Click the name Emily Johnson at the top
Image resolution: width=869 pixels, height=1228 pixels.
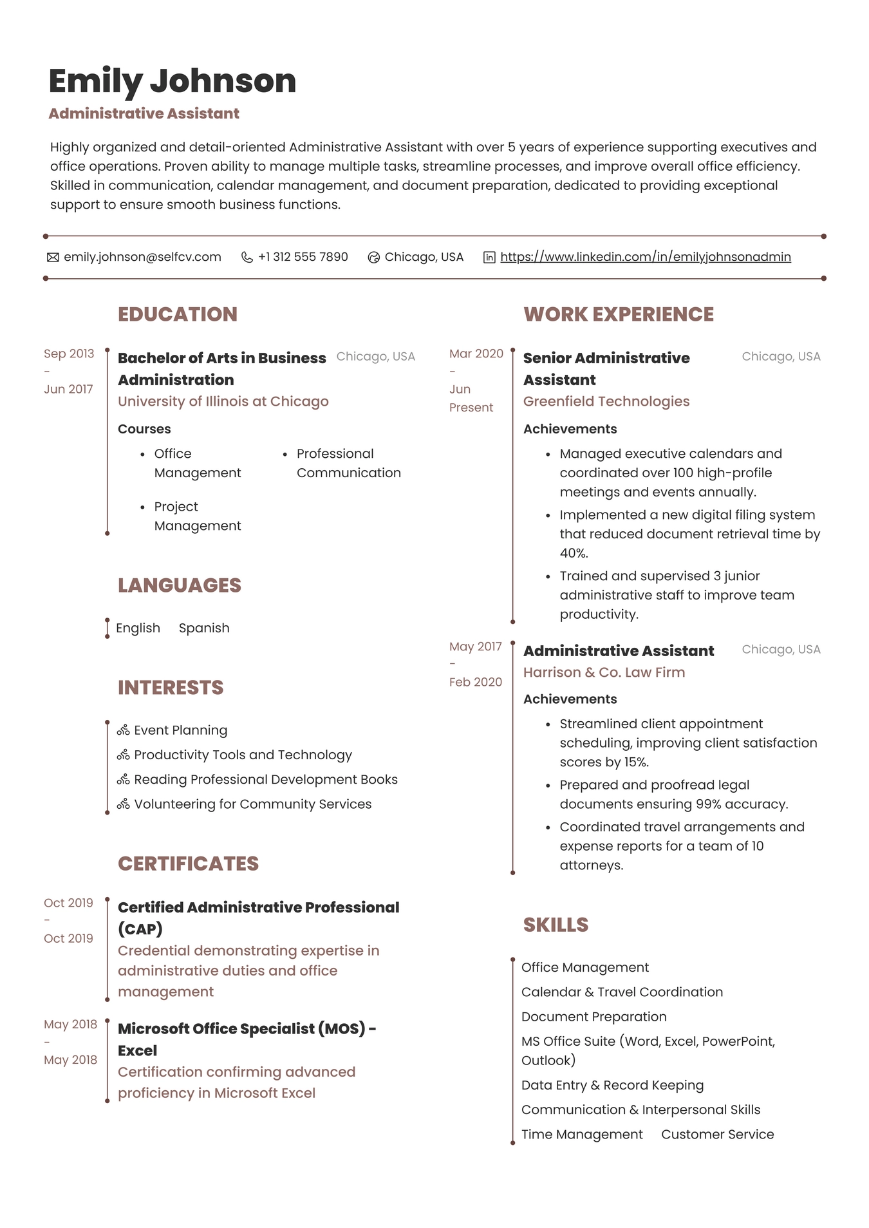point(172,81)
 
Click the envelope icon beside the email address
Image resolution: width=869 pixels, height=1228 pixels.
point(53,258)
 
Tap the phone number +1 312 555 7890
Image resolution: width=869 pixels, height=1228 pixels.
point(303,257)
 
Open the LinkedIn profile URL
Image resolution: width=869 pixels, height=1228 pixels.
point(645,257)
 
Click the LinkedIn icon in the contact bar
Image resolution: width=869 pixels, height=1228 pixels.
point(489,258)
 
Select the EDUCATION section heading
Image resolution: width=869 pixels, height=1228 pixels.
point(177,314)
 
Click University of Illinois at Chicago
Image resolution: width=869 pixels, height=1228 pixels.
point(223,401)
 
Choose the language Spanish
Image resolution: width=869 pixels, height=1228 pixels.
point(203,628)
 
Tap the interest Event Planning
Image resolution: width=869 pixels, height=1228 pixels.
point(180,730)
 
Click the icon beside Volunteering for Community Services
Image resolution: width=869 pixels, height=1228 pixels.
point(124,804)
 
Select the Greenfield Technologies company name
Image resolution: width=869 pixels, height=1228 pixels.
point(606,401)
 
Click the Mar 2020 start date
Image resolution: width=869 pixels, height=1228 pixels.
point(476,354)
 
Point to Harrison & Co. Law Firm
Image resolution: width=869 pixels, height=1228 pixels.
point(603,672)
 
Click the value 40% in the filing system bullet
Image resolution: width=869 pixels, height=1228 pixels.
point(574,553)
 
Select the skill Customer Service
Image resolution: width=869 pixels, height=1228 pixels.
point(717,1134)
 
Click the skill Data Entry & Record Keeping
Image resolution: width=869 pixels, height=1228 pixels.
point(612,1085)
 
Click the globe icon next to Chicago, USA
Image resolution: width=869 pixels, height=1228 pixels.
point(373,258)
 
